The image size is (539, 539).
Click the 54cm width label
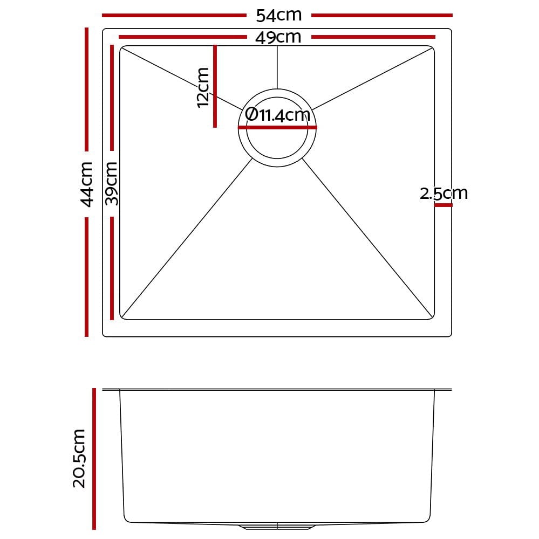tap(279, 15)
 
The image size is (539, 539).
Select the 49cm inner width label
tap(278, 37)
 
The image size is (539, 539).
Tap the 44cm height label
tap(86, 184)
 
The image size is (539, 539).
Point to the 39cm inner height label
tap(112, 184)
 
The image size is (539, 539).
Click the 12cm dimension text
tap(203, 88)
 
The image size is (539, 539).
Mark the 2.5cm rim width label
tap(444, 193)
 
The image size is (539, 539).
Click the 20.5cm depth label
tap(79, 458)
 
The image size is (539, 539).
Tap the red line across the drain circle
tap(277, 128)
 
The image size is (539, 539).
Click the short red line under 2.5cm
tap(444, 205)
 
